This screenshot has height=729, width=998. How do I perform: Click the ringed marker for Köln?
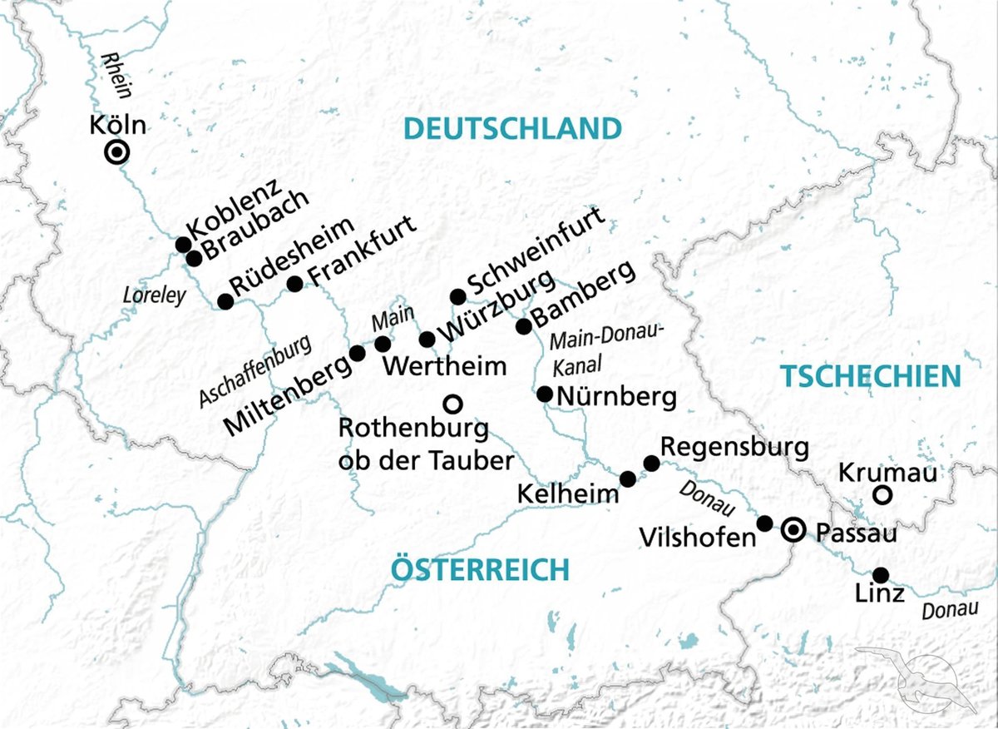(x=117, y=152)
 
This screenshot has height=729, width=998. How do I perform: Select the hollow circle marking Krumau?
(x=883, y=496)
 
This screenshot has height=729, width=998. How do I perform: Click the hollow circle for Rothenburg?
(x=452, y=404)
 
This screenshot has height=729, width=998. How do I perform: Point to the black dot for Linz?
(x=880, y=575)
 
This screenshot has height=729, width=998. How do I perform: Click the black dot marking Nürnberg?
(x=545, y=394)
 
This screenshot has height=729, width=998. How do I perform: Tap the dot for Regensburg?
(x=652, y=463)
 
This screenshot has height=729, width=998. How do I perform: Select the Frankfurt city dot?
(x=294, y=284)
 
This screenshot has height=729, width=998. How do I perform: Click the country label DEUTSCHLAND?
(x=512, y=129)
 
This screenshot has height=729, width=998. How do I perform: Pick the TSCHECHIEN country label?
(x=870, y=376)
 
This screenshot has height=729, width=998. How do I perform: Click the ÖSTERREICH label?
(x=480, y=570)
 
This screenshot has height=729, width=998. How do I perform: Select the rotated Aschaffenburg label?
(x=256, y=371)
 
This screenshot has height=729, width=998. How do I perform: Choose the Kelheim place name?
(x=569, y=493)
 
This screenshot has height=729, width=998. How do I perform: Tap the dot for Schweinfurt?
(x=457, y=297)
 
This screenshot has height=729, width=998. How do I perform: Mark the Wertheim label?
(x=447, y=365)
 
